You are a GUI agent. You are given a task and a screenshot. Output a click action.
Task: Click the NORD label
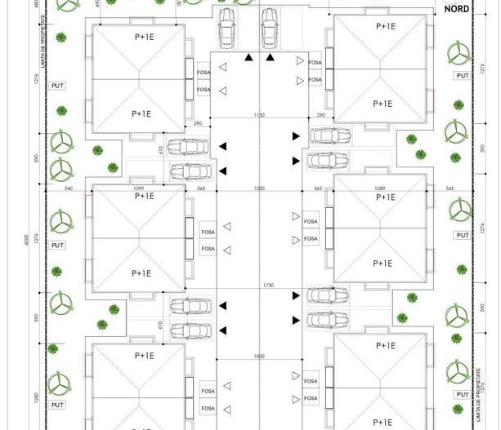click(457, 11)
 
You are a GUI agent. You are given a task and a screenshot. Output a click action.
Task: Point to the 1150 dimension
click(260, 116)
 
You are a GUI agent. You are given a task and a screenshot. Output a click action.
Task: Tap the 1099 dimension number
click(138, 188)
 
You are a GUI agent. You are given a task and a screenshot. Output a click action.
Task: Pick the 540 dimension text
click(69, 188)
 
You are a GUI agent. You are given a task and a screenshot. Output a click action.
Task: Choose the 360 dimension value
click(201, 188)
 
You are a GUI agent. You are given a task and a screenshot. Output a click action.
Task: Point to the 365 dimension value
click(319, 188)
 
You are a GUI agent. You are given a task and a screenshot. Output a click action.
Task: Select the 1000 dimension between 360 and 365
click(260, 188)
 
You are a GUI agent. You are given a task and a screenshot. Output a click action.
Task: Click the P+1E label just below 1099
click(144, 197)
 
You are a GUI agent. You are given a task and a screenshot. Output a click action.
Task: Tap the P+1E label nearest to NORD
click(385, 26)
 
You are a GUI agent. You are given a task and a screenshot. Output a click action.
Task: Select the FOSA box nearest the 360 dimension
click(208, 233)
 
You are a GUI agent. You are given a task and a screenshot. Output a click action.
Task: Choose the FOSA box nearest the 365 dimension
click(311, 222)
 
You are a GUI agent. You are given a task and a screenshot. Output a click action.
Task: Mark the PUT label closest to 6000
click(57, 245)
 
